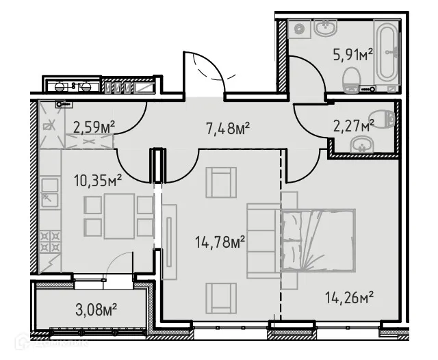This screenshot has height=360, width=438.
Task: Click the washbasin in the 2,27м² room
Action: coord(359,144)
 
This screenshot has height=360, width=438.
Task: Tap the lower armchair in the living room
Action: coord(220,298)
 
